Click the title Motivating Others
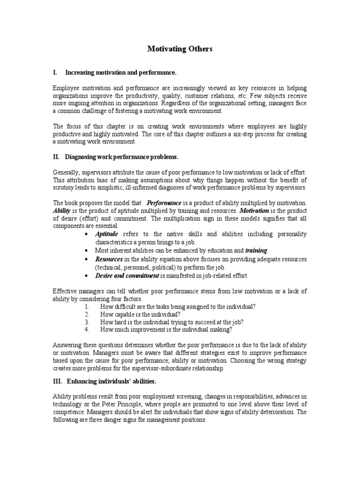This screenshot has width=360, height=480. (x=180, y=49)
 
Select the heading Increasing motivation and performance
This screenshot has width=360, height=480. (x=120, y=73)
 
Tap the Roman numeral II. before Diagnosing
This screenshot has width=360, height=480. (x=56, y=156)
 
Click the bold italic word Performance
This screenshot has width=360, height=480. (x=164, y=203)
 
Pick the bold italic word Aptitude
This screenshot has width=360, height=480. (x=107, y=234)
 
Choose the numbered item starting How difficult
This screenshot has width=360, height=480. (x=178, y=306)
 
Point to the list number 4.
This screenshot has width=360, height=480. (x=87, y=330)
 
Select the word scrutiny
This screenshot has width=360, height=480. (x=66, y=187)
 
